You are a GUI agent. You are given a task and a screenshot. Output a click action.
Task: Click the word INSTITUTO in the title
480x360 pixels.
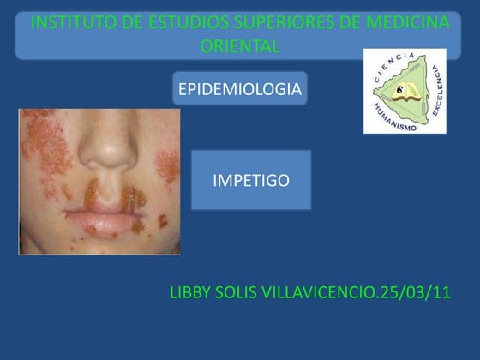click(x=68, y=23)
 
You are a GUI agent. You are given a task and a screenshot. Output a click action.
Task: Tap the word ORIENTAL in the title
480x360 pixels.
click(x=240, y=46)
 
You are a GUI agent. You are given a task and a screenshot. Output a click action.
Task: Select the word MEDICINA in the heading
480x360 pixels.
click(x=408, y=23)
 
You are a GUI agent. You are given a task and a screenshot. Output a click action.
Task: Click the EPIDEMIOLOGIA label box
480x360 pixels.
click(x=239, y=89)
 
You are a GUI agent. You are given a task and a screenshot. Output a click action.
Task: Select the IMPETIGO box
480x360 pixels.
click(x=250, y=180)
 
